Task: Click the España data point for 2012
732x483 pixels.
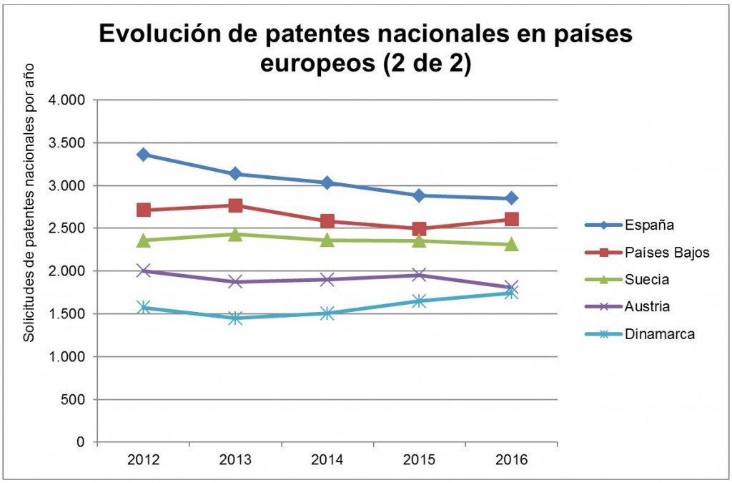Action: (144, 155)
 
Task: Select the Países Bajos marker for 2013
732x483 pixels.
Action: (235, 205)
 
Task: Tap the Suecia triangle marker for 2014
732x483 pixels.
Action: (327, 240)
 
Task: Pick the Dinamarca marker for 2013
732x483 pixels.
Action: (235, 318)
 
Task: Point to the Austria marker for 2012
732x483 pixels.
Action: (144, 270)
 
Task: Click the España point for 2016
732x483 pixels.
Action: (511, 198)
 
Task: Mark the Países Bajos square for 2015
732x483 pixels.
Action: (419, 229)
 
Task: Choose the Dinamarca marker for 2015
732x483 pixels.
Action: (419, 301)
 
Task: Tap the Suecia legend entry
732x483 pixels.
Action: (643, 279)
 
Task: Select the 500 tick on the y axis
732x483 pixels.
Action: (74, 399)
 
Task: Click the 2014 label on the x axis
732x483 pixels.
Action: (327, 461)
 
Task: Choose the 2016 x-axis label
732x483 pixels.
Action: (511, 461)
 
